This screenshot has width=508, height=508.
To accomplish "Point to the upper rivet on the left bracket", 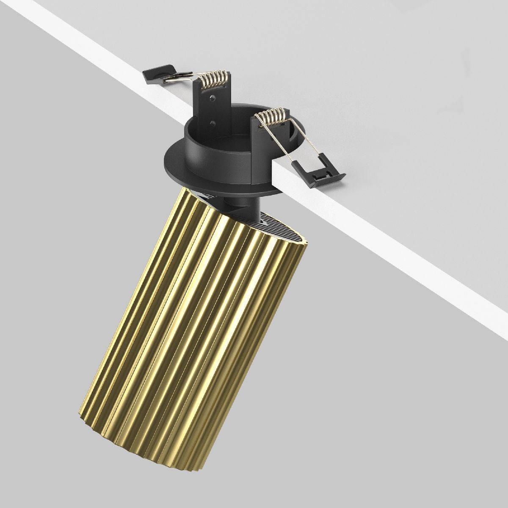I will click(210, 97).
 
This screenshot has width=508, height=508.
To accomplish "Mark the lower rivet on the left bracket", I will click(213, 123).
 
